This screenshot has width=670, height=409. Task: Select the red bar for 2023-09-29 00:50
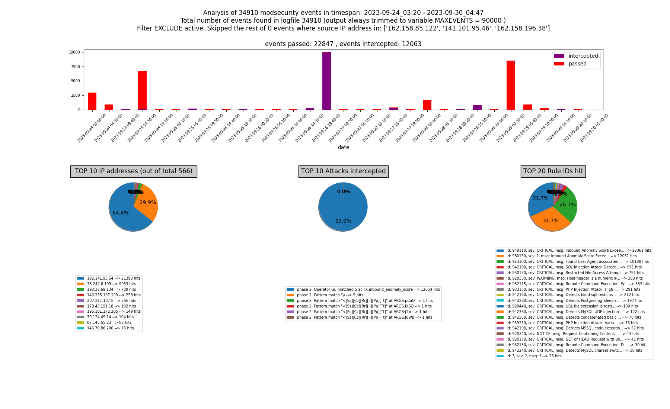[x=511, y=85]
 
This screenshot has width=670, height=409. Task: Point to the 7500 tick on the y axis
[x=75, y=67]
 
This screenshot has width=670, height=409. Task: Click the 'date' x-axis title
[x=343, y=148]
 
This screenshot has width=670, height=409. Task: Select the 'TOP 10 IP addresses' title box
[x=134, y=171]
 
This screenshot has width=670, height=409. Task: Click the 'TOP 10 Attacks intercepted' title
[x=343, y=171]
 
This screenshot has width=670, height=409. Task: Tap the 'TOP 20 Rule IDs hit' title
[x=553, y=171]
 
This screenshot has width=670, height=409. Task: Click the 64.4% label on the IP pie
[x=121, y=213]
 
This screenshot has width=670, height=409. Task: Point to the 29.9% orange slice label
[x=148, y=203]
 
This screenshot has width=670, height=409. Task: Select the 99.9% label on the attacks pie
[x=343, y=221]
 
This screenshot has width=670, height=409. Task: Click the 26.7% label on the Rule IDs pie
[x=567, y=205]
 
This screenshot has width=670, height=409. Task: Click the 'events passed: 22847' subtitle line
[x=343, y=44]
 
